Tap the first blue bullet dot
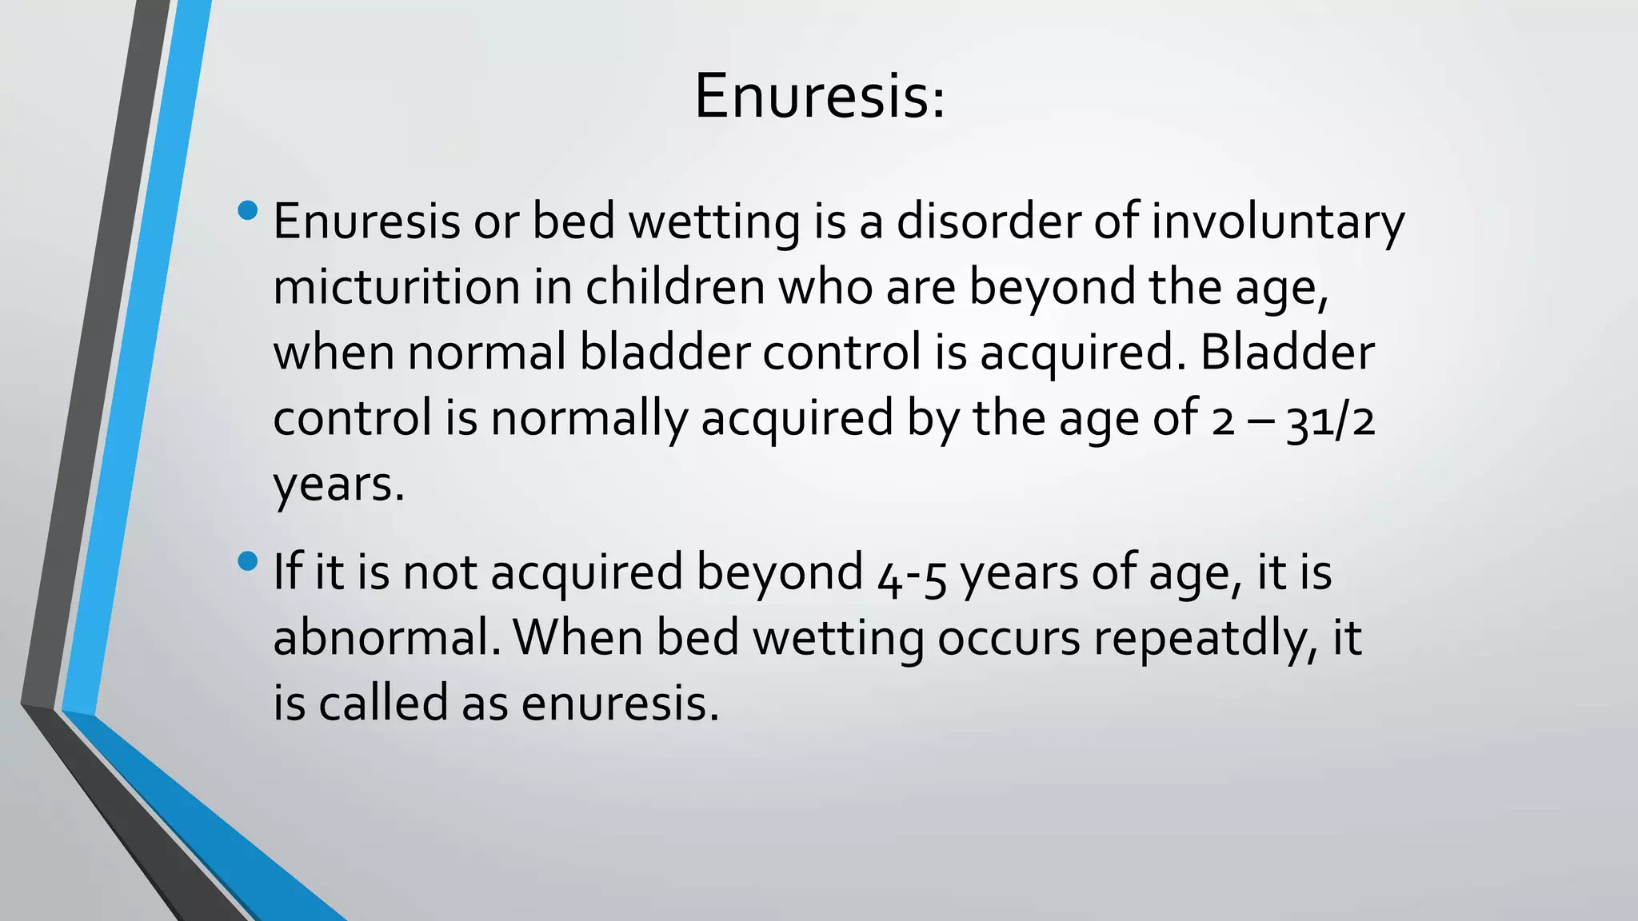point(248,211)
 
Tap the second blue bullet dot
point(248,561)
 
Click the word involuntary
point(1277,222)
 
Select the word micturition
point(397,287)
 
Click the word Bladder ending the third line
point(1287,353)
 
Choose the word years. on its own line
point(338,485)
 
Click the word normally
point(589,419)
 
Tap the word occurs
point(1009,639)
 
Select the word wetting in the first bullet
point(713,222)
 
